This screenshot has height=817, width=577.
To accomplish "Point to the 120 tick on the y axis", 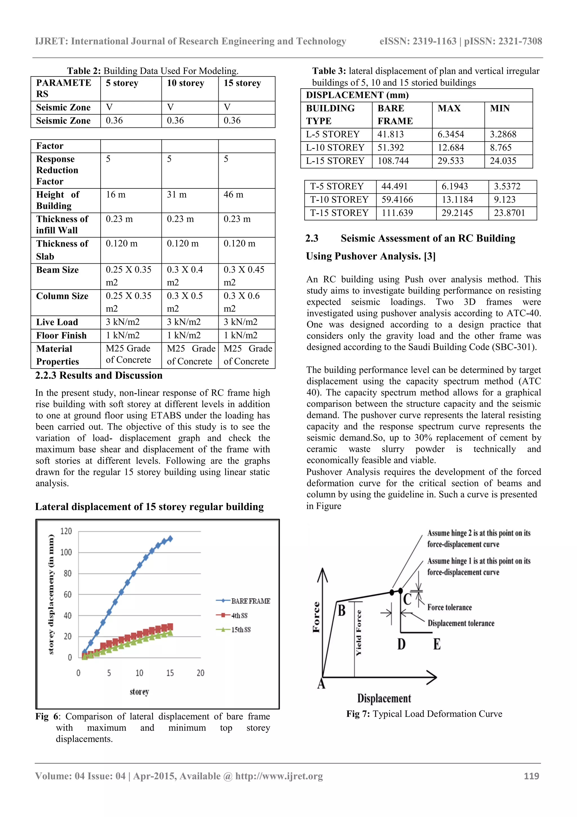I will tap(66, 531).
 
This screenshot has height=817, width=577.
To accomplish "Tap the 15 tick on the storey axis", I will tap(170, 673).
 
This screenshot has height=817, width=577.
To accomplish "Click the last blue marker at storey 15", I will tap(170, 539).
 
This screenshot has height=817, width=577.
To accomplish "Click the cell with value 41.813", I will tap(391, 134).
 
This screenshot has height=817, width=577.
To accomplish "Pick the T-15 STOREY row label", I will tap(339, 213).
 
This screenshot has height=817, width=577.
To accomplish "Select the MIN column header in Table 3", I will tap(500, 108).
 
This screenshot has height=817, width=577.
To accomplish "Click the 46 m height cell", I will tap(234, 195).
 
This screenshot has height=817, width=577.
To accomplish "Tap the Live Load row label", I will tap(57, 322).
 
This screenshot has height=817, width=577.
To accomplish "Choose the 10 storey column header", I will tap(186, 83).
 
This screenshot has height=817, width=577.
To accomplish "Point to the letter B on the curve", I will tap(341, 611).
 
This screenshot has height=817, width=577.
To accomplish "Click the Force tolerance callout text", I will tap(449, 607).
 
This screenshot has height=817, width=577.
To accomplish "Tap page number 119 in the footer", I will tap(531, 776).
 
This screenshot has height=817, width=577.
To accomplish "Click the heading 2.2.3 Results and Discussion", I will tap(99, 375).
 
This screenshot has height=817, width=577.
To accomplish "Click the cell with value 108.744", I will tap(393, 161).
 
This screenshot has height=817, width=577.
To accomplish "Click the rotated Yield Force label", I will tap(359, 632).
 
